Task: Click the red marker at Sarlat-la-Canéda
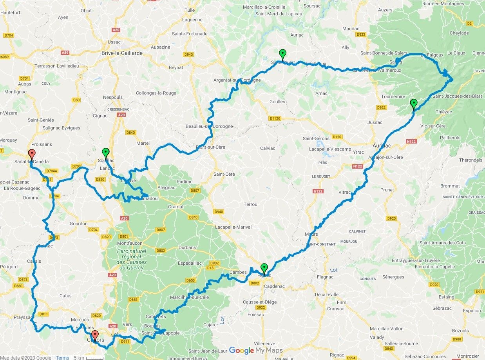tap(32, 154)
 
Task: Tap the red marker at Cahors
tap(95, 336)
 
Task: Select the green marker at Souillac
tap(105, 153)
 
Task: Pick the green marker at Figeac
tap(264, 268)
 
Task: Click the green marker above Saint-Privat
tap(282, 54)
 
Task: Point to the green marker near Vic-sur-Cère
tap(413, 104)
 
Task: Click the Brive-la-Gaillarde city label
tap(121, 53)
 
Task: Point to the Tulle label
tap(190, 10)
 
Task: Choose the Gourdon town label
tap(78, 224)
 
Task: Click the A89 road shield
tap(65, 52)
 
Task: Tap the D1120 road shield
tap(276, 118)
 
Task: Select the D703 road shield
tap(76, 166)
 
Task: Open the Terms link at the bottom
tap(62, 357)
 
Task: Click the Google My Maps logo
tap(255, 350)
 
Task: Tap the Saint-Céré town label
tap(224, 174)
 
